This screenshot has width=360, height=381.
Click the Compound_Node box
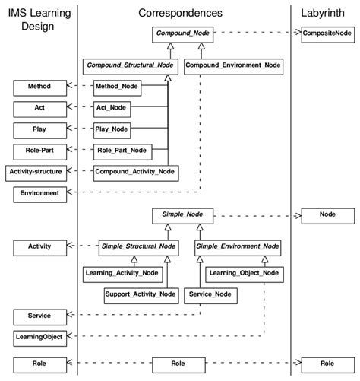point(185,34)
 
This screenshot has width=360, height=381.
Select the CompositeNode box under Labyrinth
point(327,34)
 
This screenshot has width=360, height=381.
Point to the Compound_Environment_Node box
point(233,65)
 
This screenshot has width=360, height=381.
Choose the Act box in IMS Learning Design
point(39,108)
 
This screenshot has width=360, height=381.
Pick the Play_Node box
point(112,129)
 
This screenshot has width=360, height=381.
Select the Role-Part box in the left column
point(39,151)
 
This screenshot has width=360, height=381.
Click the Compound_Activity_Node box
point(135,172)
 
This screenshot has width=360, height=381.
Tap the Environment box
point(39,193)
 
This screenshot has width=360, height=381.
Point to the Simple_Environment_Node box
point(238,246)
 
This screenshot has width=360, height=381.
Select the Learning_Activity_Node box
point(122,272)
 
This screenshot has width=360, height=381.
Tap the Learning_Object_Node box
point(244,272)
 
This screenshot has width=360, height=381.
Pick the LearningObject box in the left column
point(39,335)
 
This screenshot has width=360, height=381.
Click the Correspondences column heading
point(180,13)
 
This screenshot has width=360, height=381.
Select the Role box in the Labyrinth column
point(327,364)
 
